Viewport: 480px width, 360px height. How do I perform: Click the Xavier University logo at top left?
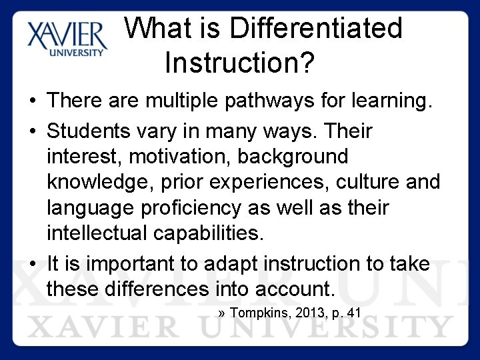point(67,39)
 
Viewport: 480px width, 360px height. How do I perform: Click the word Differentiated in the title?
point(316,29)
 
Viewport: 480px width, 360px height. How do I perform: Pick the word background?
point(293,156)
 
